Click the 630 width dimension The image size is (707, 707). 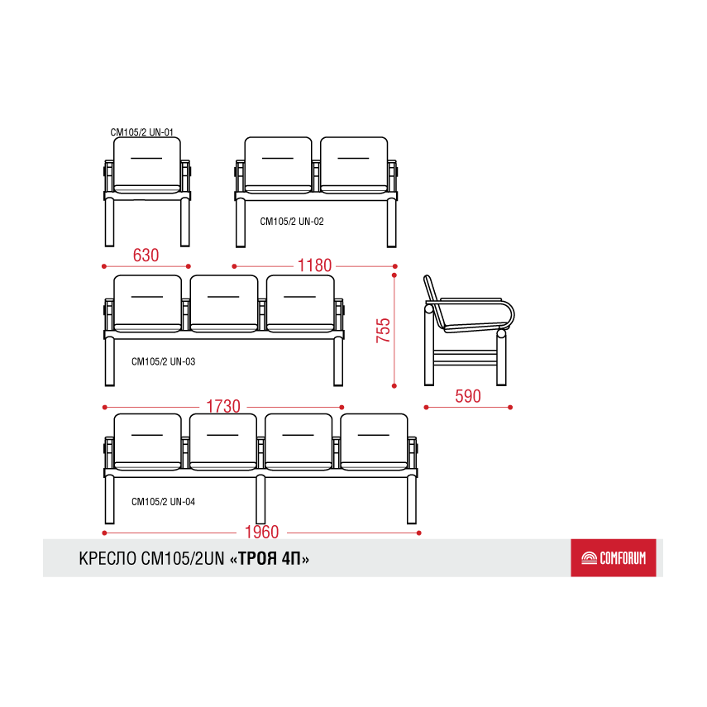(x=146, y=256)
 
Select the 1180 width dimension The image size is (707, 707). (x=314, y=265)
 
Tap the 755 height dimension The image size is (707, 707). (x=383, y=330)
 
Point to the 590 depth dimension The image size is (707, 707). (x=467, y=396)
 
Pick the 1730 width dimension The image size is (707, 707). (x=223, y=406)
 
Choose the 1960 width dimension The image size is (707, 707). (x=261, y=532)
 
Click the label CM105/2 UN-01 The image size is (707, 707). (x=141, y=132)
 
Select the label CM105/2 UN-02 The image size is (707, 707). (x=292, y=222)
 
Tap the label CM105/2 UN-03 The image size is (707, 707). (x=163, y=361)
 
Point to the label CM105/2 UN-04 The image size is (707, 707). (x=163, y=502)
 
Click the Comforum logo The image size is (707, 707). (x=614, y=558)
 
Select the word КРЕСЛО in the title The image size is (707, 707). (x=107, y=559)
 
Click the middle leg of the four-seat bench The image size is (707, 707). (x=260, y=499)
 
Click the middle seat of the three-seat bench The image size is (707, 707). (x=224, y=303)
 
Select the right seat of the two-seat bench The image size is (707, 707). (x=354, y=165)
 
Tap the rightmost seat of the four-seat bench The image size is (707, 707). (x=375, y=442)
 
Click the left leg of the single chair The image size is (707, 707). (x=109, y=222)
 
